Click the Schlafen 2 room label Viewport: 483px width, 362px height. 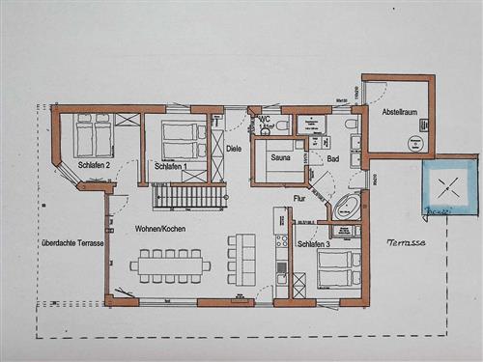(94, 165)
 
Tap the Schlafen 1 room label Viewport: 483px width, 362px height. (172, 167)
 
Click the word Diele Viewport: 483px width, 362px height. (233, 149)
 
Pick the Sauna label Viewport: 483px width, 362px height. (281, 156)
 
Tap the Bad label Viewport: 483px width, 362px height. (333, 158)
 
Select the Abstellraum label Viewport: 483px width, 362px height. (398, 113)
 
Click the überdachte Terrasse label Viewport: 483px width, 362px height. (72, 243)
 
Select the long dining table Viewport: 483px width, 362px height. (171, 263)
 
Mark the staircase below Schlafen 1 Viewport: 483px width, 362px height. (191, 196)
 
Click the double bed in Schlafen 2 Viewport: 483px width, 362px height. (93, 136)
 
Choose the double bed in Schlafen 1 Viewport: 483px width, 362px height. (182, 140)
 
